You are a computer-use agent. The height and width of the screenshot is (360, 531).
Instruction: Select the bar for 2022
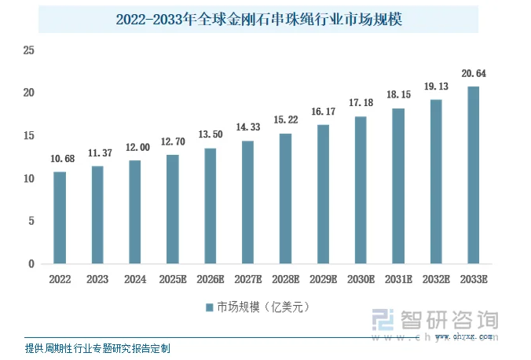[60, 218]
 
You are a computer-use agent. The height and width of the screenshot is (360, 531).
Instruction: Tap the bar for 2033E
[473, 175]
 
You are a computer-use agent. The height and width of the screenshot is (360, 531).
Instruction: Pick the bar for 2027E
[247, 202]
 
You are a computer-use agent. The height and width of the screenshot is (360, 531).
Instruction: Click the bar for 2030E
[361, 190]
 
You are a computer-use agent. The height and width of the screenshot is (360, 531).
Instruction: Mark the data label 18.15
[398, 95]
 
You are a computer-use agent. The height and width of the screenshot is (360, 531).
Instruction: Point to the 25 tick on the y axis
[29, 51]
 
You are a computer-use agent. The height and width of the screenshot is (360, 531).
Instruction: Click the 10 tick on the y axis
[29, 178]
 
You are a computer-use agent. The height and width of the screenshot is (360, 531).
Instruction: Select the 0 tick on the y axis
[32, 264]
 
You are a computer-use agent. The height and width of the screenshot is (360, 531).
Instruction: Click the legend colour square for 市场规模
[210, 307]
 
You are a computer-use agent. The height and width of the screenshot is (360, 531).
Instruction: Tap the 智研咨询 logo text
[449, 320]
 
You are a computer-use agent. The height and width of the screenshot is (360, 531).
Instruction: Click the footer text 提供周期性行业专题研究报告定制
[97, 347]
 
